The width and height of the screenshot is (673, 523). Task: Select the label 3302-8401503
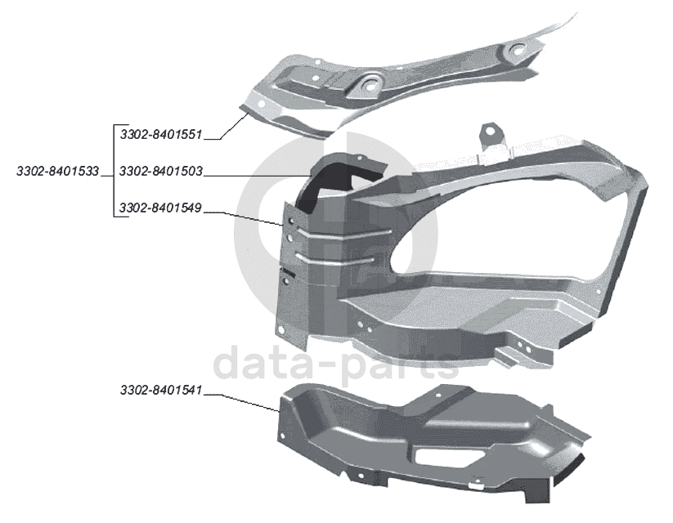(160, 172)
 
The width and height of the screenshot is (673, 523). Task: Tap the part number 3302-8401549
(160, 209)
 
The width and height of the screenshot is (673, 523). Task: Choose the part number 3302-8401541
(160, 391)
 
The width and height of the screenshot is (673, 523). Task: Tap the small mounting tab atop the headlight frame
(491, 136)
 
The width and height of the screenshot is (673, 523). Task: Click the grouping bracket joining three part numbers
(112, 172)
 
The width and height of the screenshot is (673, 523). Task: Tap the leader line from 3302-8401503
(253, 176)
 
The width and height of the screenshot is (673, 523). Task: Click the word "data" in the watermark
(262, 364)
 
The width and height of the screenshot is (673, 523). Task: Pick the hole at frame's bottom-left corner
(281, 329)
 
